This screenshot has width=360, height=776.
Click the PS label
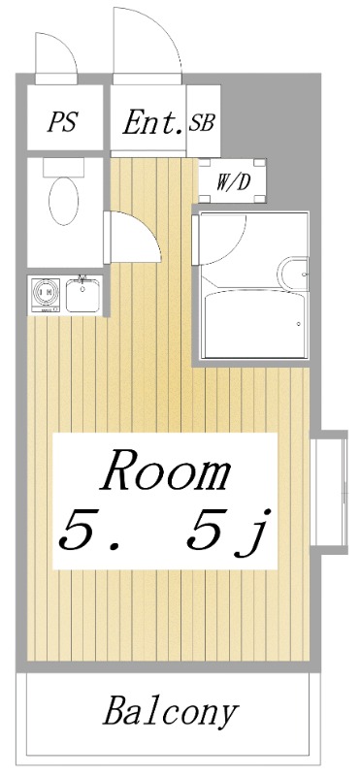point(62,122)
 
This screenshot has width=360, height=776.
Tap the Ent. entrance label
point(153,122)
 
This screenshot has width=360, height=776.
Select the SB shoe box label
point(202,122)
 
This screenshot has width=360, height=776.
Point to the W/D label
point(232,182)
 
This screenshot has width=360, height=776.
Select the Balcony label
point(171,713)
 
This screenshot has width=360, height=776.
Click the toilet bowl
point(63,201)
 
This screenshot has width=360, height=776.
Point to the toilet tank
point(63,167)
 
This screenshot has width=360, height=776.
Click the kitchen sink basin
point(82,296)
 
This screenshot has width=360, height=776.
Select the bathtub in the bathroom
point(255,324)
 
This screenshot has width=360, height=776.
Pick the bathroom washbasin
point(293,274)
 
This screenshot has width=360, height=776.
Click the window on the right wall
point(329,492)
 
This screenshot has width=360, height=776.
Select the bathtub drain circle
point(299,324)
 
